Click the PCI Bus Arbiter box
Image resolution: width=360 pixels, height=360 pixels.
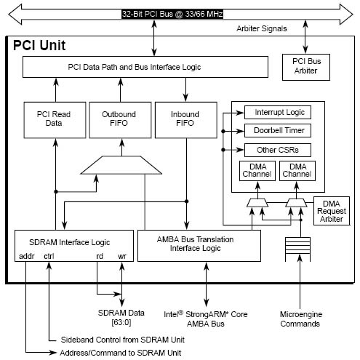click(306, 67)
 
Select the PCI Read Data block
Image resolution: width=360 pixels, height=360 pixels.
click(55, 120)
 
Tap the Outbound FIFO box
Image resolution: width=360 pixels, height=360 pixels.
click(120, 120)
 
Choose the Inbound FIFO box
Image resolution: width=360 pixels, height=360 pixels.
click(186, 120)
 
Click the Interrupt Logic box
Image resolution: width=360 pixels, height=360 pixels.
click(278, 112)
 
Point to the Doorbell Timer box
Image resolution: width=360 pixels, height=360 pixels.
click(278, 131)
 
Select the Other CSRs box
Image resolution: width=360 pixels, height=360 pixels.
click(278, 150)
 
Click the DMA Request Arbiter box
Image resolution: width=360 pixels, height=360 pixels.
click(332, 211)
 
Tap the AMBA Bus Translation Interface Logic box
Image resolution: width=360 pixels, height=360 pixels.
click(199, 246)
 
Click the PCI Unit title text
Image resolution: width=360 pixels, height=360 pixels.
click(39, 45)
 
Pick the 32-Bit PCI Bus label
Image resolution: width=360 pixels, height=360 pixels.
click(172, 14)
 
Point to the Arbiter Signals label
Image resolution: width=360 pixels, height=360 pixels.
click(262, 28)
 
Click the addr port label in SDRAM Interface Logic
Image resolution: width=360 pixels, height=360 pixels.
click(27, 256)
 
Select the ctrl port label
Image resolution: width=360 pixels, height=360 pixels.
click(49, 256)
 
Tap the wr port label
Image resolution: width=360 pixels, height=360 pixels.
click(122, 256)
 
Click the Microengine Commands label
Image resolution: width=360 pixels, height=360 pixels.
click(301, 319)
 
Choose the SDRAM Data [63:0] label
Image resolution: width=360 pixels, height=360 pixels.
click(121, 318)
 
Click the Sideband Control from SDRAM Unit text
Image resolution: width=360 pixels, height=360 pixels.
click(123, 340)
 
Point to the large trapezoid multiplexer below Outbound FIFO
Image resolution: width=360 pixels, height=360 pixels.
click(121, 165)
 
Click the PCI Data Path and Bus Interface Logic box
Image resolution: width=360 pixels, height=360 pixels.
click(145, 67)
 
